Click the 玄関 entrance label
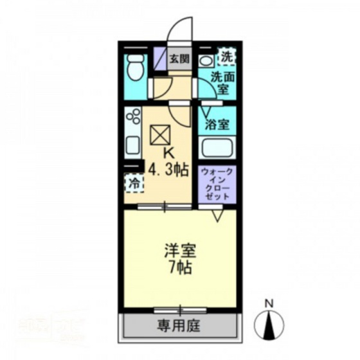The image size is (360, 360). tap(180, 59)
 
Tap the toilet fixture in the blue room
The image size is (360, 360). tap(135, 67)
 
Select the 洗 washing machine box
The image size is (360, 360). tap(227, 57)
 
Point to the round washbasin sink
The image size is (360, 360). tap(206, 62)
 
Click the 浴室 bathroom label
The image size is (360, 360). tap(217, 125)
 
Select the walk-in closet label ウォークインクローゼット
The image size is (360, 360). tap(217, 184)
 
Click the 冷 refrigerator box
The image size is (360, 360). tap(134, 183)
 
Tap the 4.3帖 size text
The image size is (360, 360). tap(168, 170)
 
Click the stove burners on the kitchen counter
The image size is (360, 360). tap(134, 118)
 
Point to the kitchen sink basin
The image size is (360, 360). tap(132, 145)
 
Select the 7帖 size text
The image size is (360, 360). tap(180, 267)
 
